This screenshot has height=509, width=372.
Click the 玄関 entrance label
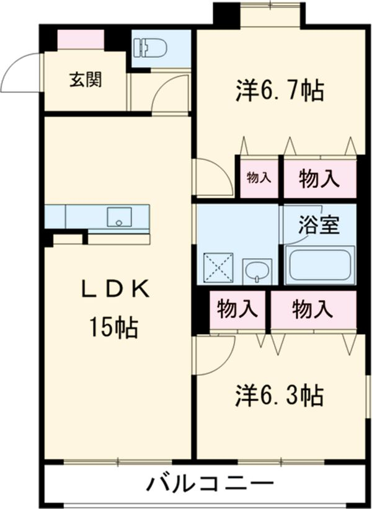85,80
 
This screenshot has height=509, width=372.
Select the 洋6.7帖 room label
279,91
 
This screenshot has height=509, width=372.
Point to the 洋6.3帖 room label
278,394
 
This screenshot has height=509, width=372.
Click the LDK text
116,290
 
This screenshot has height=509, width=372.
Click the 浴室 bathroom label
319,225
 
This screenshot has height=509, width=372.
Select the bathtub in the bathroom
319,265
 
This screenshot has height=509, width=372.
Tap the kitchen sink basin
118,218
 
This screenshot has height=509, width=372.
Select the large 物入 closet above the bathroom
319,179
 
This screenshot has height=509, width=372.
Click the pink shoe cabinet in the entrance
81,39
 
